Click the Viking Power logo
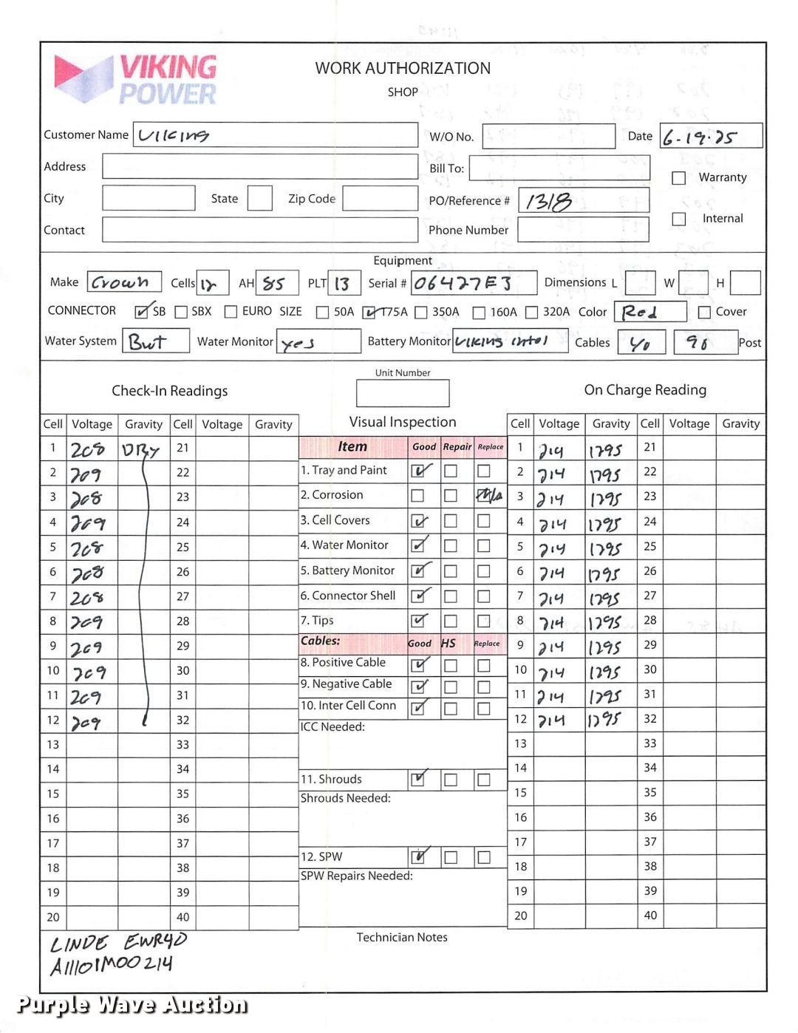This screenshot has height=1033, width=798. coord(136,79)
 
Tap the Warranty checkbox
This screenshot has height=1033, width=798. coord(678,178)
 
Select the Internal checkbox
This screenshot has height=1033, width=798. coord(678,219)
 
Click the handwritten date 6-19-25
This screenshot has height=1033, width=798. coord(700,137)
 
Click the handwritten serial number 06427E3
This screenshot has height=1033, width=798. coord(463,284)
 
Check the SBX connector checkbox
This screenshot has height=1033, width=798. coord(181,313)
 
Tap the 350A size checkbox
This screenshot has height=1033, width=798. coord(421,313)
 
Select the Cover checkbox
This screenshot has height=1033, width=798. coord(704,313)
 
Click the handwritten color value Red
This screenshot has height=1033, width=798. coord(640,313)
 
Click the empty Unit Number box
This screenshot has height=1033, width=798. coord(402,393)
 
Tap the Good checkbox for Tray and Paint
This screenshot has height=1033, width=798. coord(418,471)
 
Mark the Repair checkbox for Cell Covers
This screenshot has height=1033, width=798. coord(451,522)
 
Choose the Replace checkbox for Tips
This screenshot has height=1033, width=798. coord(483,621)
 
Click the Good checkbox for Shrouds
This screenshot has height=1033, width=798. coord(418,779)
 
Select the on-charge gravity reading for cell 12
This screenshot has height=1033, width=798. coord(605,720)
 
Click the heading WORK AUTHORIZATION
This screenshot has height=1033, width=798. coord(403,69)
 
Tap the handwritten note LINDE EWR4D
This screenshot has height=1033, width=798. coord(118,943)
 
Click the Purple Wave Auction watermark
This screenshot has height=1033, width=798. coord(132,1005)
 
